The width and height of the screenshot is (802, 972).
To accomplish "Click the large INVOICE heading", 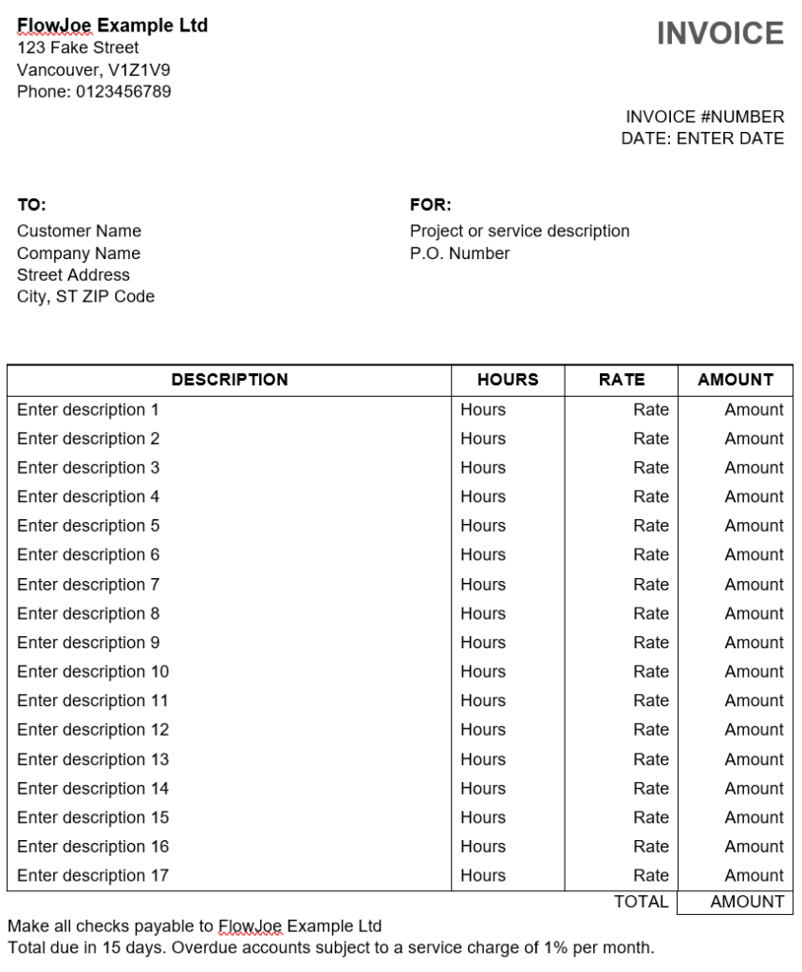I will click(x=719, y=33).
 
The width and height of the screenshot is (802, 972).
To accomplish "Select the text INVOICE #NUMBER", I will click(x=704, y=117).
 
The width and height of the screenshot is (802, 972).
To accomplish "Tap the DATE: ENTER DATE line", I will click(x=702, y=139).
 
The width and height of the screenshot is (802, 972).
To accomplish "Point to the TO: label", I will click(x=31, y=204).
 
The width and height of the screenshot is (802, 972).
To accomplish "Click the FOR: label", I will click(x=430, y=204).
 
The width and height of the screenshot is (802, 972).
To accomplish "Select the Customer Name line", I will click(x=79, y=231).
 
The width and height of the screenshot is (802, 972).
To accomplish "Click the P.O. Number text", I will click(x=459, y=253).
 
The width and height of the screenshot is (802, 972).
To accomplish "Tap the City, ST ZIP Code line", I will click(x=85, y=296).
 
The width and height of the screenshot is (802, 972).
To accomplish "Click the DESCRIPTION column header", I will click(x=230, y=380).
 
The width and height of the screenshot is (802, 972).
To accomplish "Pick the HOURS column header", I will click(x=508, y=380).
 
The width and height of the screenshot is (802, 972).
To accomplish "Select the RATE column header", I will click(x=622, y=380).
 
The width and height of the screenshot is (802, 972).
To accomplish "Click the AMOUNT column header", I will click(x=736, y=380).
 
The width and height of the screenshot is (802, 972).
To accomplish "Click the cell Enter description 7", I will click(x=88, y=584).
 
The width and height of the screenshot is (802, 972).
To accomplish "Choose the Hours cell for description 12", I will click(x=483, y=730).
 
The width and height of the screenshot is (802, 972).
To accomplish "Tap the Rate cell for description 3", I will click(x=651, y=468).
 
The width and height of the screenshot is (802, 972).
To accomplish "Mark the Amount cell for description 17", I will click(x=754, y=875).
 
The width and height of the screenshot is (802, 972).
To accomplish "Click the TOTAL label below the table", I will click(x=642, y=902).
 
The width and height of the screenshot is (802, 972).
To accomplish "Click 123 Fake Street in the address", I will click(x=78, y=47).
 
